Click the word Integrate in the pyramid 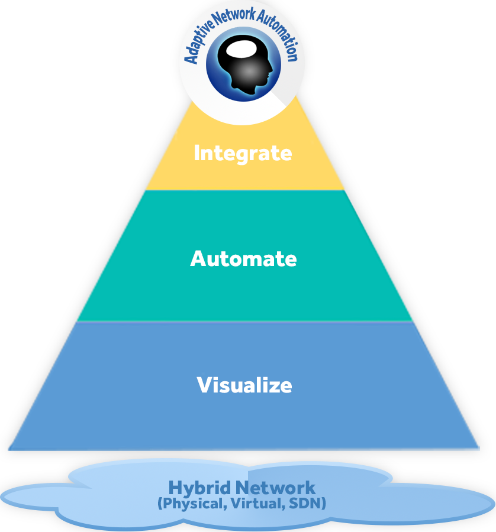(243, 153)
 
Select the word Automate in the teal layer (243, 259)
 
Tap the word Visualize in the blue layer (244, 385)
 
